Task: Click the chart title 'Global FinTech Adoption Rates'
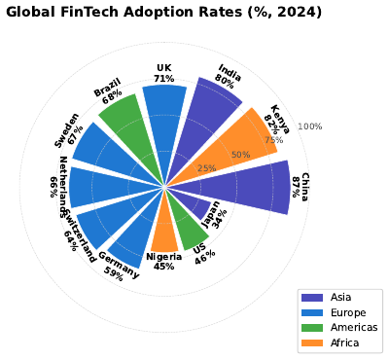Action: click(162, 13)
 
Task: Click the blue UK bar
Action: click(164, 126)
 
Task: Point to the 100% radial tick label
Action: click(310, 126)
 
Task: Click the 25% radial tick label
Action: click(206, 169)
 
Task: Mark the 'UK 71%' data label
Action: click(163, 73)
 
